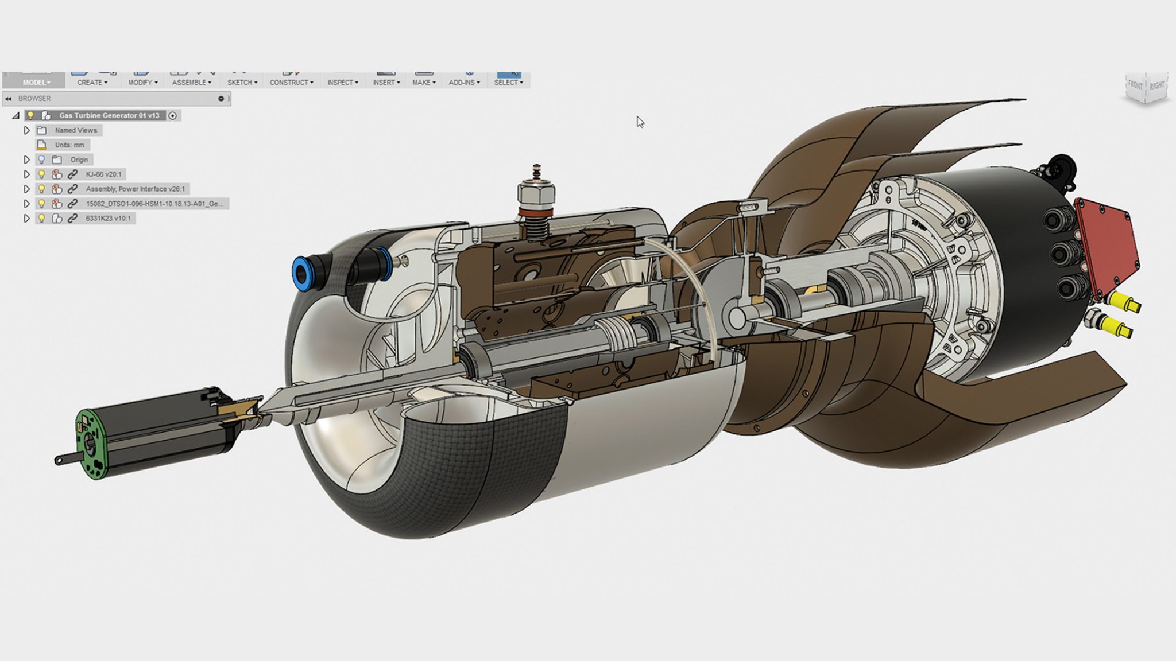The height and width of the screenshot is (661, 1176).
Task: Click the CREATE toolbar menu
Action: (92, 83)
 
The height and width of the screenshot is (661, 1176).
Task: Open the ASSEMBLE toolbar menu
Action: (191, 83)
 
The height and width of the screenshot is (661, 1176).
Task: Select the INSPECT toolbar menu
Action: (342, 83)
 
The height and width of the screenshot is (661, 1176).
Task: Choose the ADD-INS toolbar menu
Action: (464, 83)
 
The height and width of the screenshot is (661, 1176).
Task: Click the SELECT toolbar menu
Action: (508, 83)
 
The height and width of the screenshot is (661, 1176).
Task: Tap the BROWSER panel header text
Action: (34, 99)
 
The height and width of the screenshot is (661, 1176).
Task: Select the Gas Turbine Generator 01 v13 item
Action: (109, 115)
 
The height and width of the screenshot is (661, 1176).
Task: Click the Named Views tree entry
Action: (76, 130)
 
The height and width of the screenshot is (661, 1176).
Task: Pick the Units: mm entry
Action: (69, 145)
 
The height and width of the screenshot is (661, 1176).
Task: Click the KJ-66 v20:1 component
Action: (103, 174)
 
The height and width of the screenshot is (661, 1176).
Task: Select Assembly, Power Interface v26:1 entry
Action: (135, 189)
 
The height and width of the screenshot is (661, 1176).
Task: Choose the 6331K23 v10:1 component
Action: (108, 218)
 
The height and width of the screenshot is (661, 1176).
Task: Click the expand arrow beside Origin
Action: (26, 160)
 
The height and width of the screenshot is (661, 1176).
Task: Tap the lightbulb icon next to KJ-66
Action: (41, 174)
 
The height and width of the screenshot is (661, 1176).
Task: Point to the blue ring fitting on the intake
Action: (301, 273)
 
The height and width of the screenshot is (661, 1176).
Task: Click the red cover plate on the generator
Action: (1106, 244)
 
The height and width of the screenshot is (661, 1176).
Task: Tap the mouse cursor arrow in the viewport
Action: (639, 121)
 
